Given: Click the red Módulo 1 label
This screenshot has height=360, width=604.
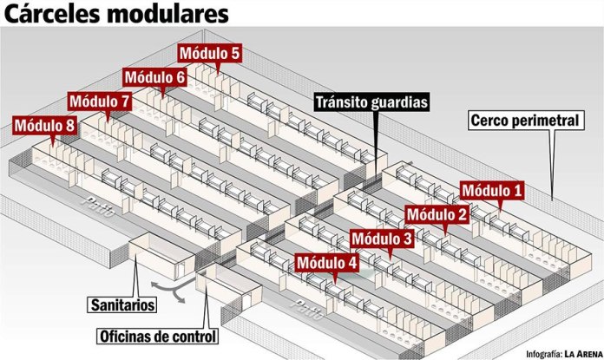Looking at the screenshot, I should [492, 190].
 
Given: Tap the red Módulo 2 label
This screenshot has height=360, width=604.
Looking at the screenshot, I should [437, 213].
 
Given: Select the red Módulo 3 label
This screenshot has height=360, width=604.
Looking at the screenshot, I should [383, 238].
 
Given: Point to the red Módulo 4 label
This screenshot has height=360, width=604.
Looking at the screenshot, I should [326, 261].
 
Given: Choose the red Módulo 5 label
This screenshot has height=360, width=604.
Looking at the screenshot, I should [209, 53].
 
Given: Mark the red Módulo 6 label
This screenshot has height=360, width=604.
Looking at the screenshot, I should [154, 77].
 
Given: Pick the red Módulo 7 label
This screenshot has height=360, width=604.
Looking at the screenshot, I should [100, 101].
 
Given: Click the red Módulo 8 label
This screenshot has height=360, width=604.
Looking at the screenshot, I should [44, 126].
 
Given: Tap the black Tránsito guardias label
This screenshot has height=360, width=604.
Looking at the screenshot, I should [371, 101].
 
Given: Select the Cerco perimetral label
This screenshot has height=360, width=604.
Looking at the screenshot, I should [522, 121].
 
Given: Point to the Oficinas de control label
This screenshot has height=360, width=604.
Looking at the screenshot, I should [155, 336].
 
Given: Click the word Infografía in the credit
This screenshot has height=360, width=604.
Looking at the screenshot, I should [539, 353].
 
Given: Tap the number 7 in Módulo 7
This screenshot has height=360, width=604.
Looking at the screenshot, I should [126, 101].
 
